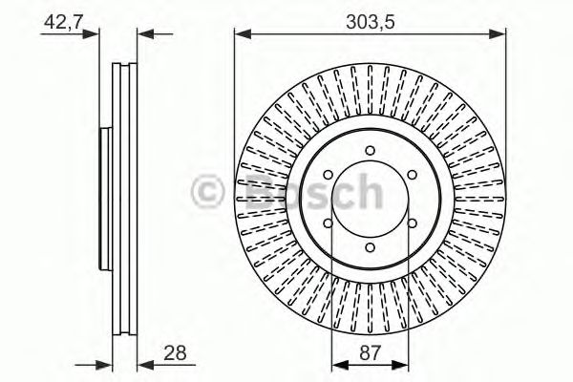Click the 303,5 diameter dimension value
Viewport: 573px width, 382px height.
click(x=370, y=18)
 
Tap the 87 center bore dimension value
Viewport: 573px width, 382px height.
click(x=370, y=353)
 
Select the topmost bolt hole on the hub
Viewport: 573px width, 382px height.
click(x=370, y=151)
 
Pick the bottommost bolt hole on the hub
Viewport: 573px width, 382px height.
click(x=370, y=245)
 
